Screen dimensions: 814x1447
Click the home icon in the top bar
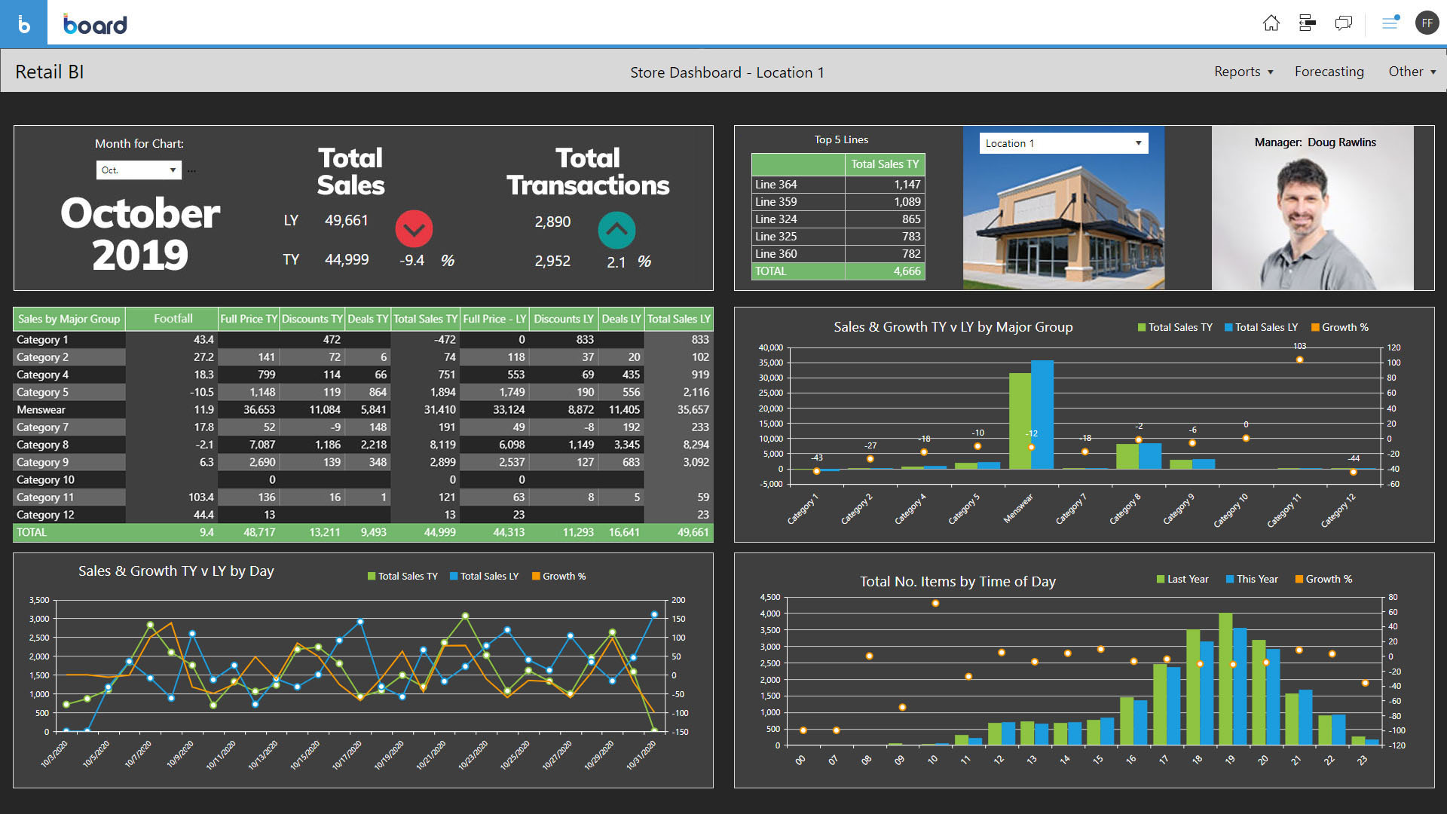pos(1271,23)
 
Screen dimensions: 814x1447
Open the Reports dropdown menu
pos(1244,72)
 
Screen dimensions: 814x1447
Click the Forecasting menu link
pos(1329,72)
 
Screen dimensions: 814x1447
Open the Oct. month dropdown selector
pos(139,170)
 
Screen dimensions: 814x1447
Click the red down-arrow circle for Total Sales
pos(414,228)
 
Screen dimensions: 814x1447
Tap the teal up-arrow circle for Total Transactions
pos(616,230)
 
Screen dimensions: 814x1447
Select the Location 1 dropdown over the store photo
pos(1063,143)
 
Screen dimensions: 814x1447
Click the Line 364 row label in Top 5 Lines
pos(776,185)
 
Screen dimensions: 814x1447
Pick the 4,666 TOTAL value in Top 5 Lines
pos(907,271)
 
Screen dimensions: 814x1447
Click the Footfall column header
pos(173,319)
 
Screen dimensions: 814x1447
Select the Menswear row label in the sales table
pos(41,410)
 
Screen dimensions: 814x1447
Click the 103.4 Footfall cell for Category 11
pos(200,497)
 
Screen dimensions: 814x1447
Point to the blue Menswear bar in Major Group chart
pos(1042,415)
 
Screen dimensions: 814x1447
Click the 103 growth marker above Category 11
pos(1299,360)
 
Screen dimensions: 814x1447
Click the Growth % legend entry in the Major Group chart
pos(1339,327)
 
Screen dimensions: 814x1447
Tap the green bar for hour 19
pos(1225,678)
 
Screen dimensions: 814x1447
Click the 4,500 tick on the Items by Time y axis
pos(769,597)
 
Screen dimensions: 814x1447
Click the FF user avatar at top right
pos(1427,23)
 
